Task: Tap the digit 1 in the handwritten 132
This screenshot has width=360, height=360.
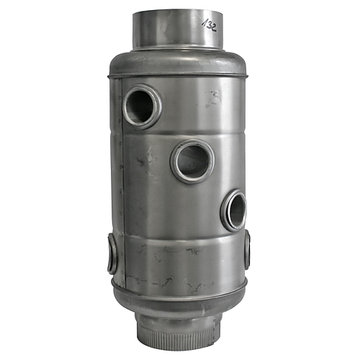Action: [204, 21]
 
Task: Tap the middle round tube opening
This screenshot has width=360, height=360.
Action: [192, 161]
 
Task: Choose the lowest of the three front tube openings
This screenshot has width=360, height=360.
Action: [233, 210]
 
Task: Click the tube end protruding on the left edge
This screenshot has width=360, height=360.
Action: [112, 253]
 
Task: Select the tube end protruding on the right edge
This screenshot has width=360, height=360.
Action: [247, 251]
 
